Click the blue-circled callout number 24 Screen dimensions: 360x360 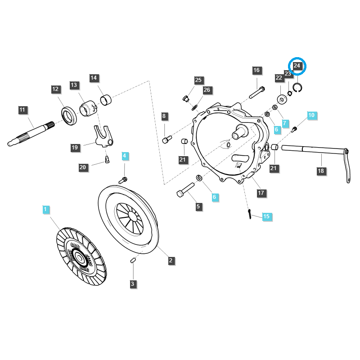click(297, 66)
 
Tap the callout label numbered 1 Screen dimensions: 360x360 click(45, 209)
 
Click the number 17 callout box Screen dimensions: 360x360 click(261, 193)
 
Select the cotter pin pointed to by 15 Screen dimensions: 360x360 click(249, 215)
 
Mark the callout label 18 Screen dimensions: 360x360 click(321, 171)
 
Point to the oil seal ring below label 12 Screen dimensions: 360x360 click(68, 116)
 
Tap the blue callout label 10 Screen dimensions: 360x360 click(311, 115)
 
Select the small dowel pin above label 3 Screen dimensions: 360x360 click(133, 261)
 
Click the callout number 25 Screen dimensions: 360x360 click(198, 80)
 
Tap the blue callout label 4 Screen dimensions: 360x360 click(125, 156)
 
